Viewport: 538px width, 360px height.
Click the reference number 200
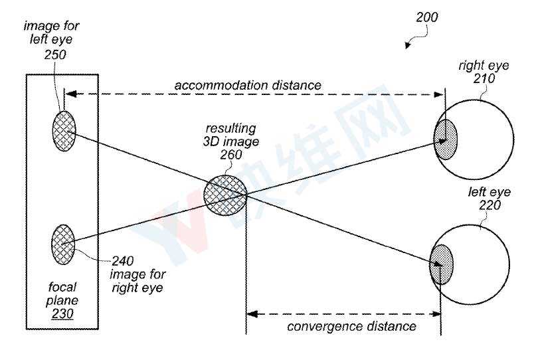coord(427,17)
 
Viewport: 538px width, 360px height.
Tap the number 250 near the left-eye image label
coord(55,54)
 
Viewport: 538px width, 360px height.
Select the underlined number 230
coord(62,314)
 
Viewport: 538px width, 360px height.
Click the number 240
coord(122,261)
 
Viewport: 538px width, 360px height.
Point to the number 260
coord(231,155)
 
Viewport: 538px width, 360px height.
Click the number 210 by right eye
coord(484,78)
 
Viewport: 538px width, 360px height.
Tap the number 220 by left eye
coord(490,205)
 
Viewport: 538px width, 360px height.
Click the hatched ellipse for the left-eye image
coord(64,131)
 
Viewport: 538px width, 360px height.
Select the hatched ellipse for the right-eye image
coord(63,244)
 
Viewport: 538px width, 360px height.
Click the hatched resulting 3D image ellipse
coord(225,195)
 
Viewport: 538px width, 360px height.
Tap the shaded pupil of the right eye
coord(446,139)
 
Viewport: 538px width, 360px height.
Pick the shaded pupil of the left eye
coord(441,264)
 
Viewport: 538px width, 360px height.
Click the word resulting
coord(230,129)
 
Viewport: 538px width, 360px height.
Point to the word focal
coord(62,286)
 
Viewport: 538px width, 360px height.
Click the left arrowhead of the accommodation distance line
coord(70,94)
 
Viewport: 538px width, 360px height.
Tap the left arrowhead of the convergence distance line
coord(252,314)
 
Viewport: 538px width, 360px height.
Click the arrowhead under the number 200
coord(408,45)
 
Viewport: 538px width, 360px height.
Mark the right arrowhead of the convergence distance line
coord(436,314)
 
